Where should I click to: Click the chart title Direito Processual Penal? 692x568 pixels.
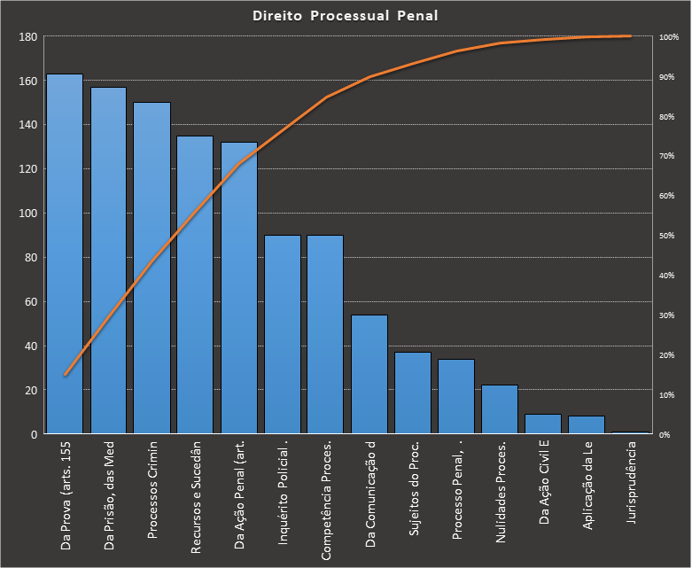pos(346,16)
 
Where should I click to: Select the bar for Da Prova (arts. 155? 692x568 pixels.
pos(65,257)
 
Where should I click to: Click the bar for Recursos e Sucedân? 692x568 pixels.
pos(195,284)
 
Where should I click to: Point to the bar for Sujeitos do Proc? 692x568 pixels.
pos(413,393)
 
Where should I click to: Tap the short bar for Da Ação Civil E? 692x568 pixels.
pos(543,424)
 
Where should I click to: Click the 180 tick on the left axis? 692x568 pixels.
pos(27,37)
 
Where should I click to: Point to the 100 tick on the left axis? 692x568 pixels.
pos(27,214)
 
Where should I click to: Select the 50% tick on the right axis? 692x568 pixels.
pos(667,236)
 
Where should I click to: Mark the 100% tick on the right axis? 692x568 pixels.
pos(669,37)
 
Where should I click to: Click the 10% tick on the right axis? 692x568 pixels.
pos(667,394)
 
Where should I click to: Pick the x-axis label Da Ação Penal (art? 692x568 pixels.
pos(239,497)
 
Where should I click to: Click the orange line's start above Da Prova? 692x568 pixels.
pos(65,375)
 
